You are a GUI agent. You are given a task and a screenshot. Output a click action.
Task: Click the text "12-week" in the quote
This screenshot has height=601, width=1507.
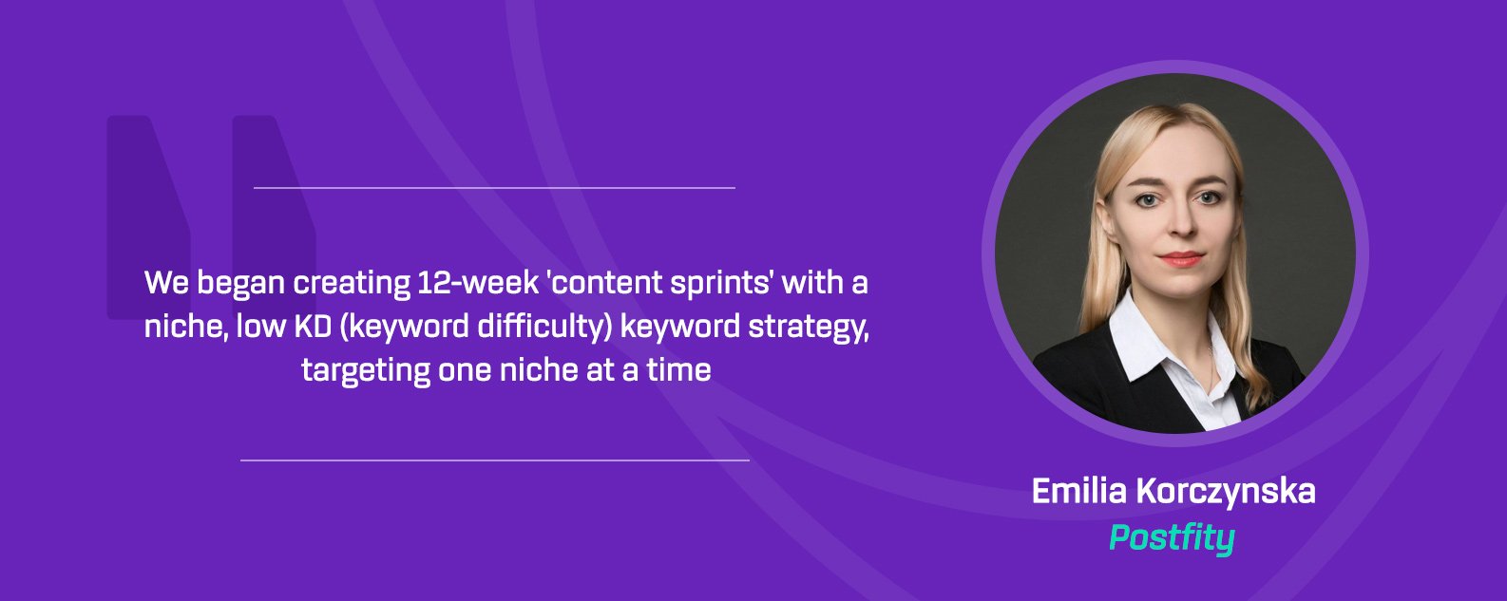tap(478, 282)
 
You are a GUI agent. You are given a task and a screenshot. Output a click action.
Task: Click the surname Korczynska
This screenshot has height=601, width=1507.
tap(1225, 492)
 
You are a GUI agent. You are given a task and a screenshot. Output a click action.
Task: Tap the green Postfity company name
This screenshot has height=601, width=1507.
tap(1172, 538)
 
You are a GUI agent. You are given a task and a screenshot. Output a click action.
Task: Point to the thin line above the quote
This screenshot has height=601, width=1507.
tap(494, 188)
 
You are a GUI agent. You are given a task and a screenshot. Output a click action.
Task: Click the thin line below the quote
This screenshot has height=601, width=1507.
tap(494, 460)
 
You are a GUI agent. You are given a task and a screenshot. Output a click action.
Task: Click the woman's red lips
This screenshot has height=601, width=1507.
tap(1181, 259)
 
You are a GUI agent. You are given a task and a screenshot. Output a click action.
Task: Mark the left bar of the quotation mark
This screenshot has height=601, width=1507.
tap(148, 216)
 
